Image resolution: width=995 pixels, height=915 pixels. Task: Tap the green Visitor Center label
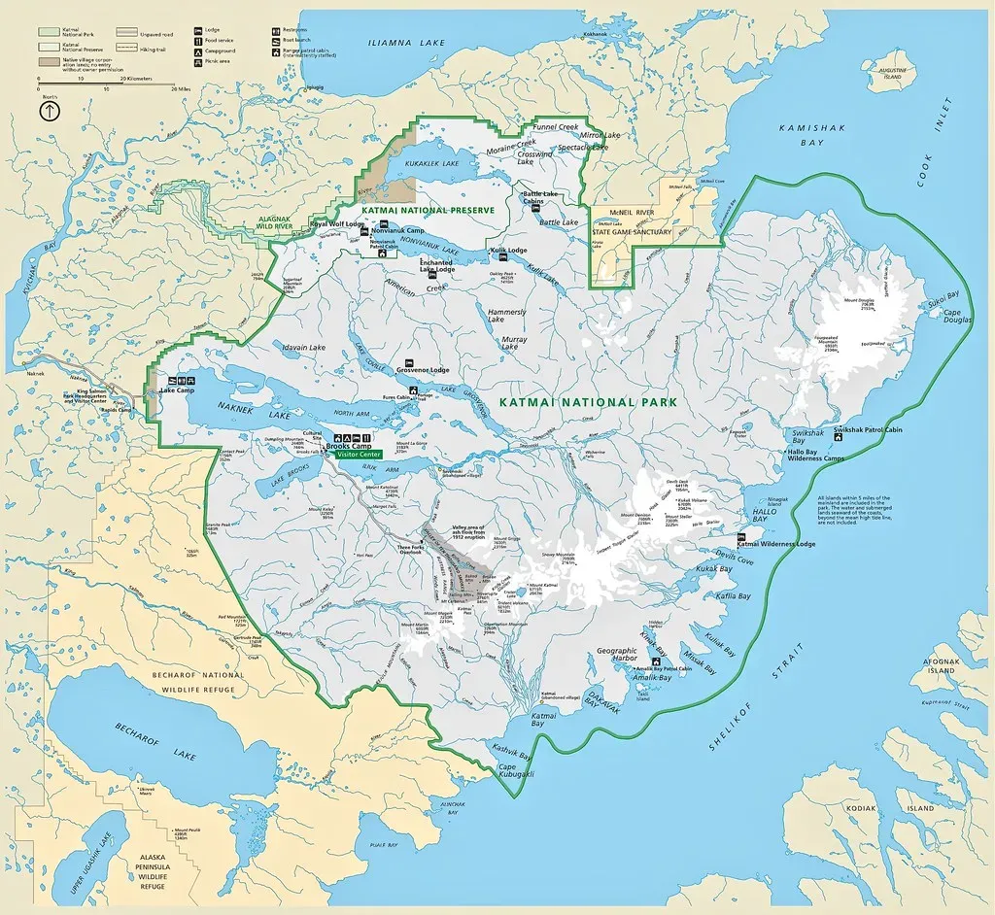pos(359,454)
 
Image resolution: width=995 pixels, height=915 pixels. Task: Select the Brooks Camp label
pos(348,444)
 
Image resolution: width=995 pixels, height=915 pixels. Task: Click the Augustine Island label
pos(890,75)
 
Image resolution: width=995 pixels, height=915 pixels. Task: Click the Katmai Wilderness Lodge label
pos(789,545)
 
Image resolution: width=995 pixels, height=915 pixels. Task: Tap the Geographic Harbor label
pos(616,657)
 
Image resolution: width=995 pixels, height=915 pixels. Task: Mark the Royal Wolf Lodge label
pos(336,224)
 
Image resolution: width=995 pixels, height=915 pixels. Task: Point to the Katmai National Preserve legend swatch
pos(49,45)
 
